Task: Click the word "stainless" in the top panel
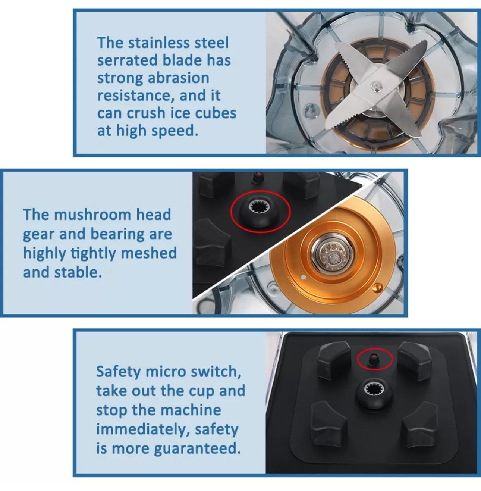pyautogui.click(x=158, y=43)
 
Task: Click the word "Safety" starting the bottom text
pyautogui.click(x=119, y=372)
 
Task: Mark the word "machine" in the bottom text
pyautogui.click(x=191, y=410)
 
